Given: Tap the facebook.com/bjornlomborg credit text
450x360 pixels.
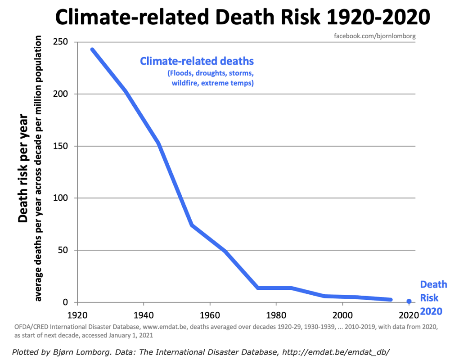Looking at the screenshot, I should click(374, 36).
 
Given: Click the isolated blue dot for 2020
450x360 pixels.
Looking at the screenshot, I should click(409, 301).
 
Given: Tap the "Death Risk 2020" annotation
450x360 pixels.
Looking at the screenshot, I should click(433, 297).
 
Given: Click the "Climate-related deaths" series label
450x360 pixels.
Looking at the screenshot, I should click(197, 61).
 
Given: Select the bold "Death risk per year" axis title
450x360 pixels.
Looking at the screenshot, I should click(23, 168).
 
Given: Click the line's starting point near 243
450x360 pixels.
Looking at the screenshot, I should click(92, 49).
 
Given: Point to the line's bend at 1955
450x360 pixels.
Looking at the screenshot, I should click(192, 225).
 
